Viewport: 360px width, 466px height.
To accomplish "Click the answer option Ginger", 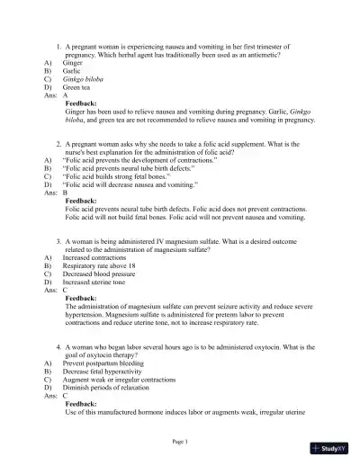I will coord(73,64).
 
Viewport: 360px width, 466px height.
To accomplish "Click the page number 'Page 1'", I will coord(180,442).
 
